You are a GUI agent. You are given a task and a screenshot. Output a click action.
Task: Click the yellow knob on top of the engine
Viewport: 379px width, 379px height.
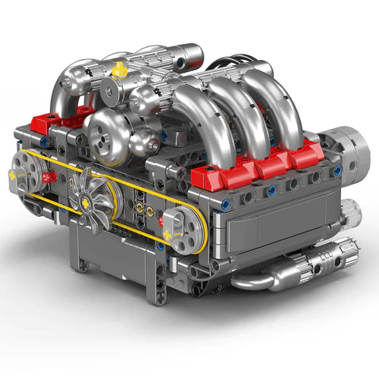(119, 70)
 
